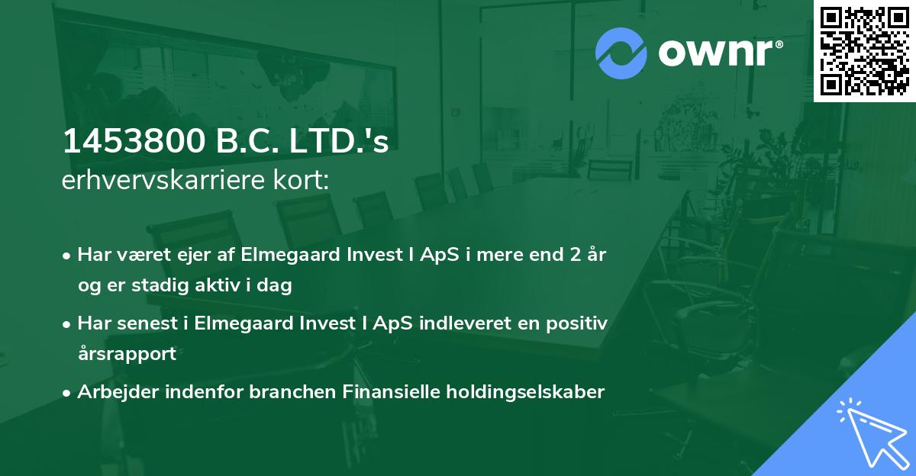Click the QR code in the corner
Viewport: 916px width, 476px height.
coord(864,51)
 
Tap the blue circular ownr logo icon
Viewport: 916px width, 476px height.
coord(621,53)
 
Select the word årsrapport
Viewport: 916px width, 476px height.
coord(127,354)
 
